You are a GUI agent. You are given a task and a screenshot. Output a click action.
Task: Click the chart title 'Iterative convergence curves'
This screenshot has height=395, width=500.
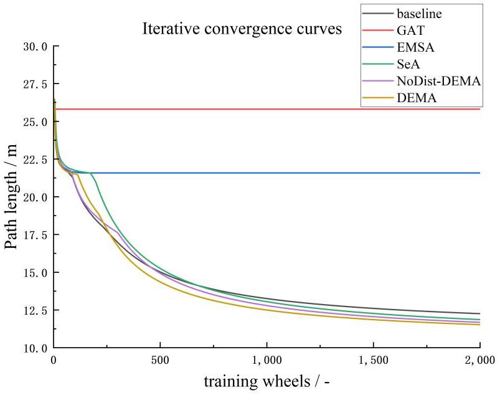(x=242, y=29)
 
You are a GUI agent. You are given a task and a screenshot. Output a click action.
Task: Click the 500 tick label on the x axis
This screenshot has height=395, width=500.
(x=160, y=360)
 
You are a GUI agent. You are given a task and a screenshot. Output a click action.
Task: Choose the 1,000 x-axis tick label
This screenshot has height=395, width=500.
(x=267, y=360)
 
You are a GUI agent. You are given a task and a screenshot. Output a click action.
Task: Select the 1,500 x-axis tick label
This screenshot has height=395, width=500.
(x=373, y=360)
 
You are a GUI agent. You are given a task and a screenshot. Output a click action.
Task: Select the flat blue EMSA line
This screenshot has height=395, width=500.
(x=311, y=173)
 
